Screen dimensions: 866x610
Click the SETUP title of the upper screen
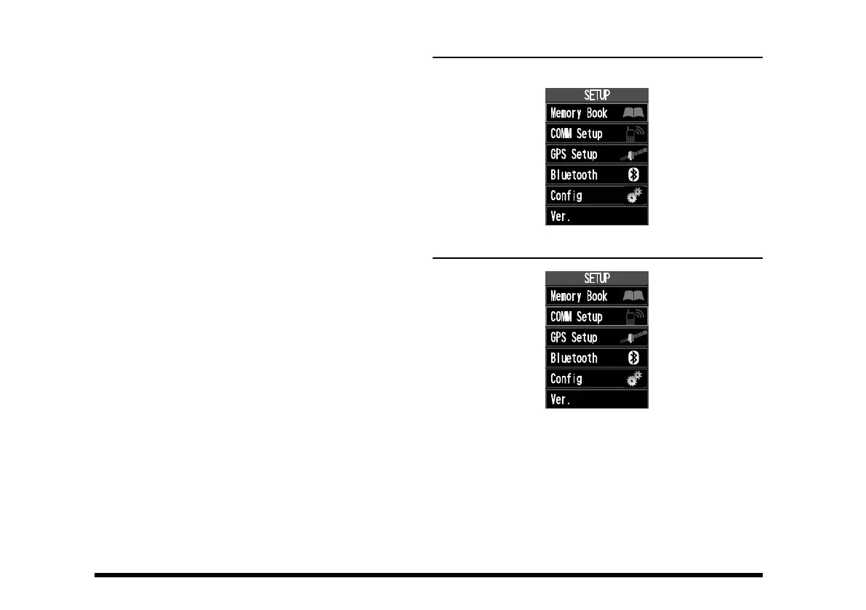[x=596, y=95]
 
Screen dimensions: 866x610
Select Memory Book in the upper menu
[x=579, y=113]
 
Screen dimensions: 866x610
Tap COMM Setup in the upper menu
[x=577, y=134]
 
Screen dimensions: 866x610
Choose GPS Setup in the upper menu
[x=574, y=154]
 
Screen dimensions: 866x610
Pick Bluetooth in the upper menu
[x=574, y=175]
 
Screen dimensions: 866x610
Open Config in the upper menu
[x=566, y=196]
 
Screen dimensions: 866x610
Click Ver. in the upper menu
[x=561, y=216]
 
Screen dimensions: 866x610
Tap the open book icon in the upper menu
[x=633, y=113]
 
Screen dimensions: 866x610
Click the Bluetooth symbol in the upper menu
[x=633, y=175]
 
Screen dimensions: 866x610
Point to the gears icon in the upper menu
[x=635, y=195]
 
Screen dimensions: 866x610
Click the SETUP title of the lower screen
[x=596, y=278]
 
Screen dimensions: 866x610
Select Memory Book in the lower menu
[x=579, y=297]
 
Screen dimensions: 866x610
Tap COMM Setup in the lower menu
[x=577, y=317]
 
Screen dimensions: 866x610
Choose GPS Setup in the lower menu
[x=574, y=337]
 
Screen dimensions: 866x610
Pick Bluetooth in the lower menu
[x=574, y=358]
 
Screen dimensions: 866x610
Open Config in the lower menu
[x=566, y=379]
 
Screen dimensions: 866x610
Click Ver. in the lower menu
[x=561, y=399]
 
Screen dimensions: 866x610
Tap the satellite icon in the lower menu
[x=633, y=337]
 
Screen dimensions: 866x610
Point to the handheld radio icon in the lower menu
[x=635, y=317]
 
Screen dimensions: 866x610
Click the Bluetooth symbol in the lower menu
[x=633, y=358]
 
